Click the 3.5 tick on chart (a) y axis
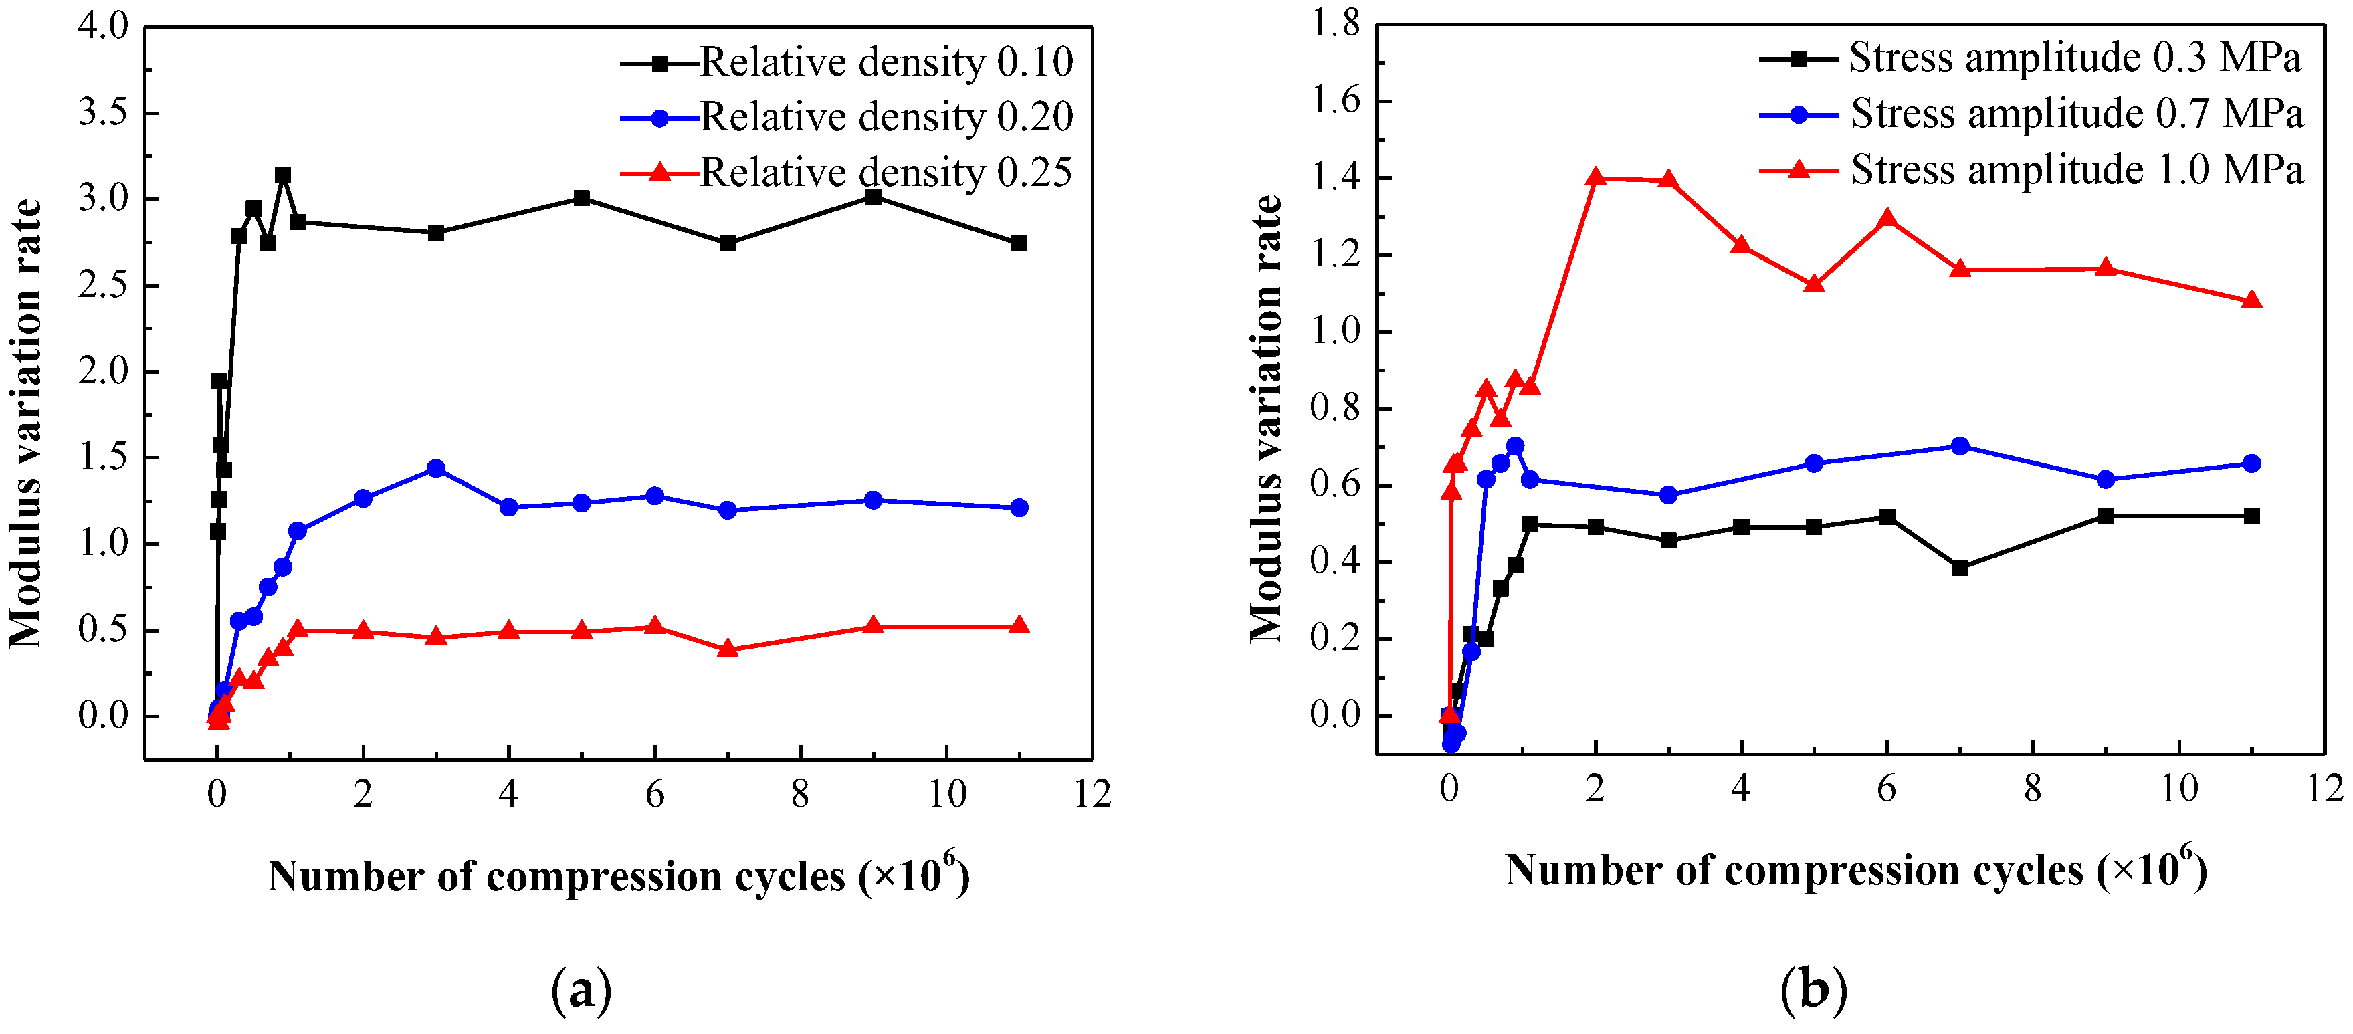click(103, 112)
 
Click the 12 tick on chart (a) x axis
click(1092, 794)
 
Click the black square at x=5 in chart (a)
click(582, 198)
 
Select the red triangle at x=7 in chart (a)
click(728, 649)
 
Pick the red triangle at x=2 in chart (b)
click(1596, 177)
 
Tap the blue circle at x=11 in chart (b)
click(2251, 463)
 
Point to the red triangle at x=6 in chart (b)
click(1887, 218)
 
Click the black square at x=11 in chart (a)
click(1019, 243)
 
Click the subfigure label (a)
click(582, 990)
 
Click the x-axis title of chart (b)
click(1855, 869)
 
